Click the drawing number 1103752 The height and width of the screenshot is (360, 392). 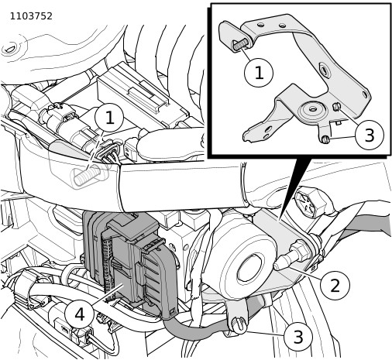tap(31, 16)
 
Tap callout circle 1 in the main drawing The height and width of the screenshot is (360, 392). tap(109, 118)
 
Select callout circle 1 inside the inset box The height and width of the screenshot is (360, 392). tap(259, 73)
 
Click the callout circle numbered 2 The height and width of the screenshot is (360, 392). tap(335, 285)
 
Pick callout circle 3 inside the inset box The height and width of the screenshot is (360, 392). tap(370, 135)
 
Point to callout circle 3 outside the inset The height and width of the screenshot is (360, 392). tap(298, 336)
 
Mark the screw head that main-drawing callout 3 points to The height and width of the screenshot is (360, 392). tap(239, 324)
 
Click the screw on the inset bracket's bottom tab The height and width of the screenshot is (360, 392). tap(325, 140)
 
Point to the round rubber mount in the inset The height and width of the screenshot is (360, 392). tap(312, 110)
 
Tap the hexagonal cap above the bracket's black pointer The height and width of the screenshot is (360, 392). tap(311, 201)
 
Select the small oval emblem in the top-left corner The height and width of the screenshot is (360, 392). tap(11, 49)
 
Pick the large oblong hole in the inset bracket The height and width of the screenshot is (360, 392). tap(325, 70)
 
